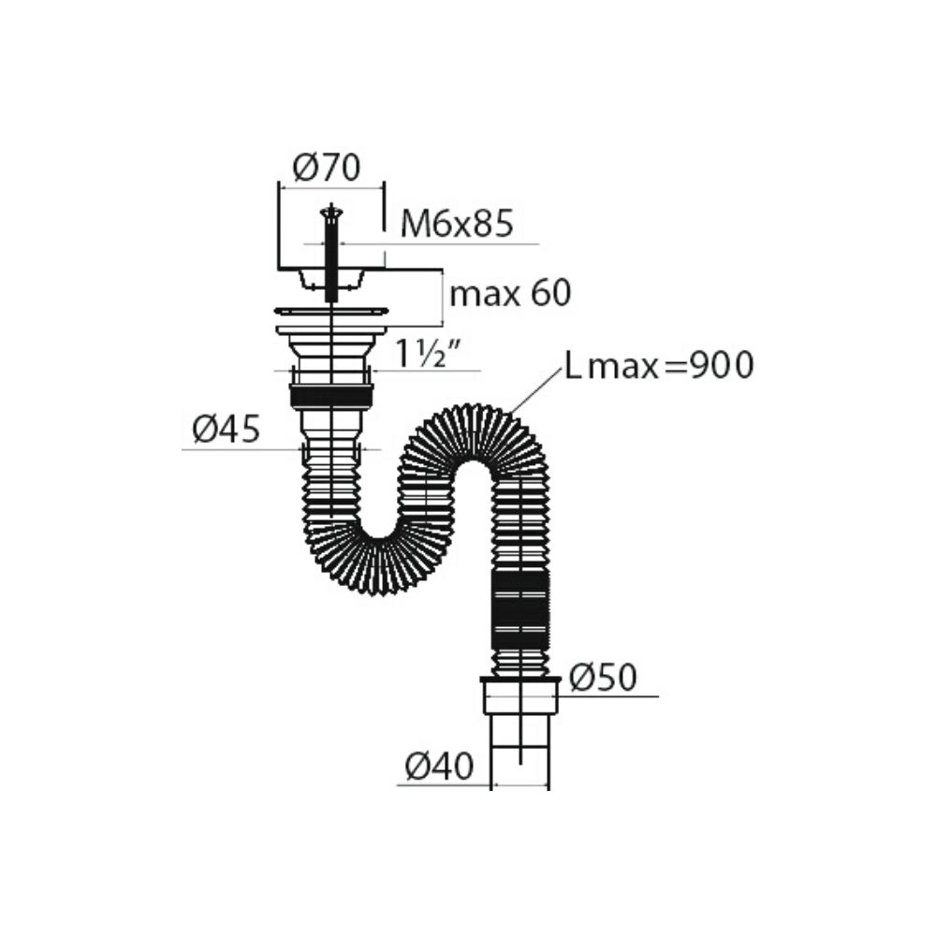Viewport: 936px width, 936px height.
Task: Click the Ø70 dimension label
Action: (x=327, y=168)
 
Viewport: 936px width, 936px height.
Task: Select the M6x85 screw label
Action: (x=457, y=225)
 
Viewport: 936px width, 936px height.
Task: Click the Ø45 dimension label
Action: (x=227, y=429)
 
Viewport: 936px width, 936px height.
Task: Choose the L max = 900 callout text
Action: (x=659, y=366)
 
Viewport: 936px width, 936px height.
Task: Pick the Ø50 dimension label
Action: (x=604, y=678)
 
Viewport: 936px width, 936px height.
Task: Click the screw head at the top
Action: (x=331, y=211)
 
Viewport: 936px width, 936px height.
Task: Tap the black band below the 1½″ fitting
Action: (x=331, y=397)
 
